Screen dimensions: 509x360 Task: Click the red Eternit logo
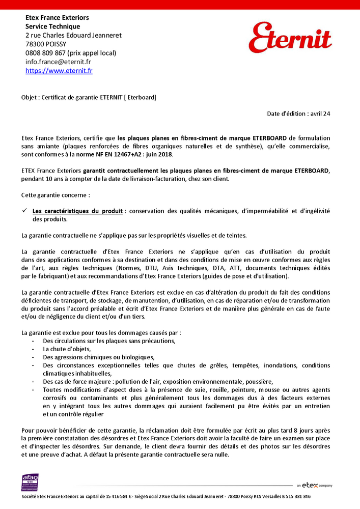click(x=290, y=38)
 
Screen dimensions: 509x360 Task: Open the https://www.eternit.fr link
click(x=59, y=71)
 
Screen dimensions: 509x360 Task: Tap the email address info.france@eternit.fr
click(x=58, y=62)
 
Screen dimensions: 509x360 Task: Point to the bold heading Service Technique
click(x=53, y=26)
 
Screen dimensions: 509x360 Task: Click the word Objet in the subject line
click(x=29, y=97)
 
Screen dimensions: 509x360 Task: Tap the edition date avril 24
click(x=320, y=114)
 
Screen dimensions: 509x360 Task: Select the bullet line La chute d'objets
click(x=67, y=349)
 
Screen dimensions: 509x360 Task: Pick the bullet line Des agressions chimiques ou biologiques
click(x=98, y=357)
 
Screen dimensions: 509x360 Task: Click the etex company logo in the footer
click(x=314, y=486)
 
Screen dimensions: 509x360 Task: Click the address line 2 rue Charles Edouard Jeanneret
click(x=73, y=36)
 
